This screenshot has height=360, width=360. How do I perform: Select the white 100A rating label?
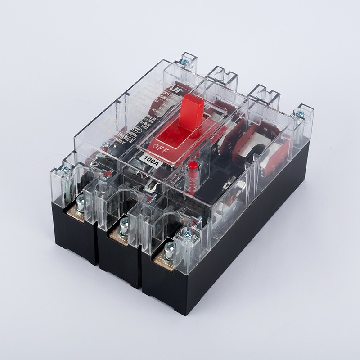149,158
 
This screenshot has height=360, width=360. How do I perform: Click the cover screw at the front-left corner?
66,170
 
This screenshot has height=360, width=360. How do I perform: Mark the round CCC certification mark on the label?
135,128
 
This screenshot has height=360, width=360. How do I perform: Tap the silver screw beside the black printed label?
106,145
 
